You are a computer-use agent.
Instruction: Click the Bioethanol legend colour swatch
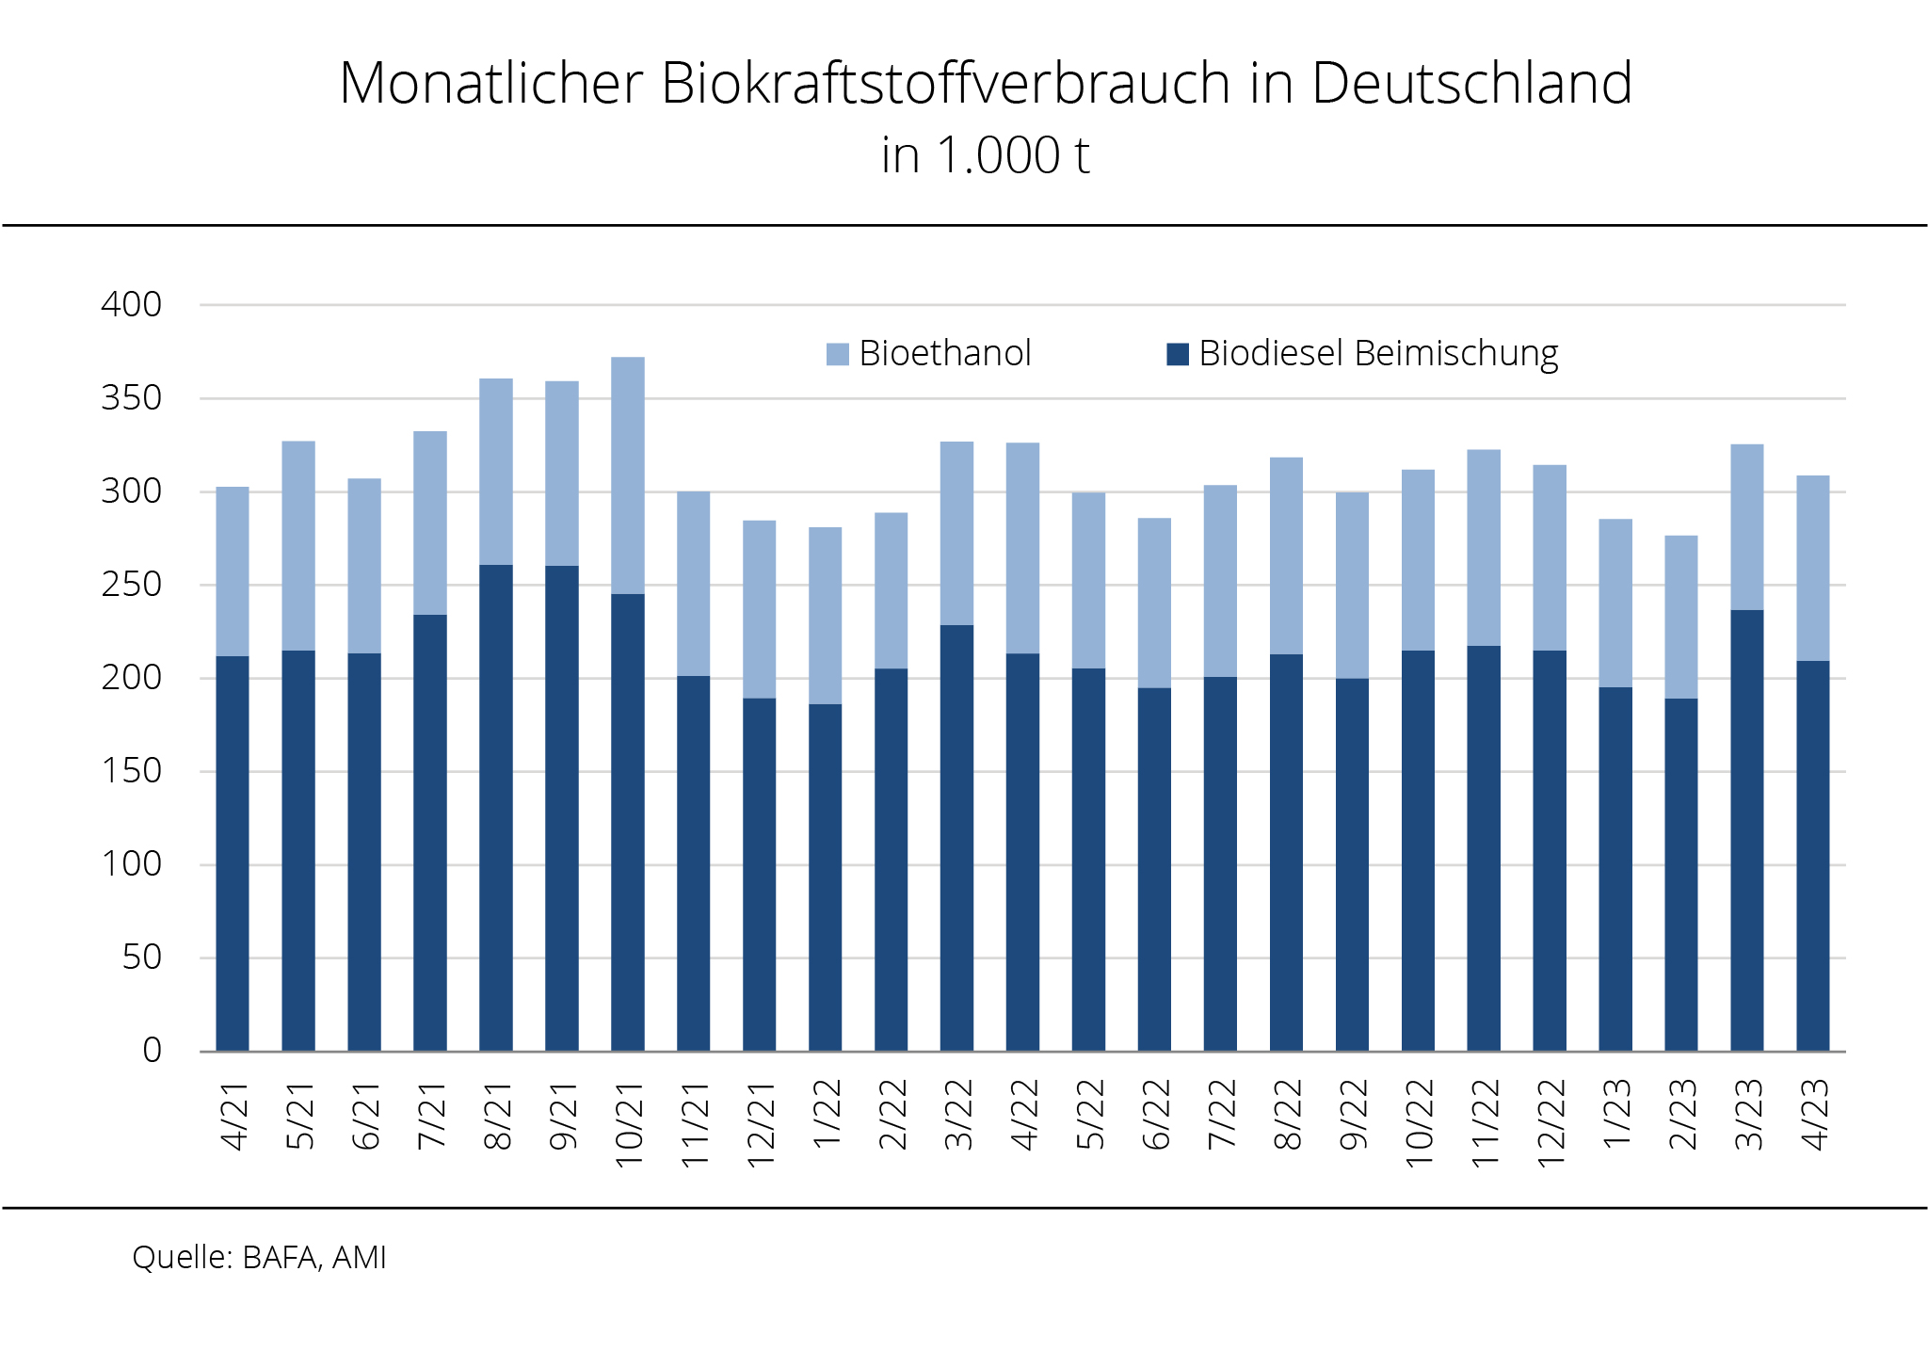[837, 354]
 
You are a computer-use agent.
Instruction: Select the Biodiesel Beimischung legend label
[1378, 354]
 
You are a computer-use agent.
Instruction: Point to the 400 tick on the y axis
[132, 304]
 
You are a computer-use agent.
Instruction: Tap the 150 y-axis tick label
[132, 771]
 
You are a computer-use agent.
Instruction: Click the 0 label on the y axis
[152, 1051]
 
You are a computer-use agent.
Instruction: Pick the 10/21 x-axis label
[629, 1125]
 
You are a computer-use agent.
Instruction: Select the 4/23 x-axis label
[1814, 1115]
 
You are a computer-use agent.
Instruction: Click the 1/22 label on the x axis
[827, 1115]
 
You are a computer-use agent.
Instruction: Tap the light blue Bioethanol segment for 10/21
[628, 475]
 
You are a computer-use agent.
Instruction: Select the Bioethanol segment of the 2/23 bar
[1681, 617]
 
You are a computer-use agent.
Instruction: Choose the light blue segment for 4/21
[233, 571]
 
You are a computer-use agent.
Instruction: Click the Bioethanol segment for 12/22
[1550, 557]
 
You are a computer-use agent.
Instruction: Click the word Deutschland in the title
[1471, 83]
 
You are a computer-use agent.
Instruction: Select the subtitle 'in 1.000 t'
[985, 156]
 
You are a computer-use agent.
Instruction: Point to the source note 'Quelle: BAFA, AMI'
[259, 1258]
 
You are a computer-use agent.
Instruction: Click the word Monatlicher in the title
[490, 83]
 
